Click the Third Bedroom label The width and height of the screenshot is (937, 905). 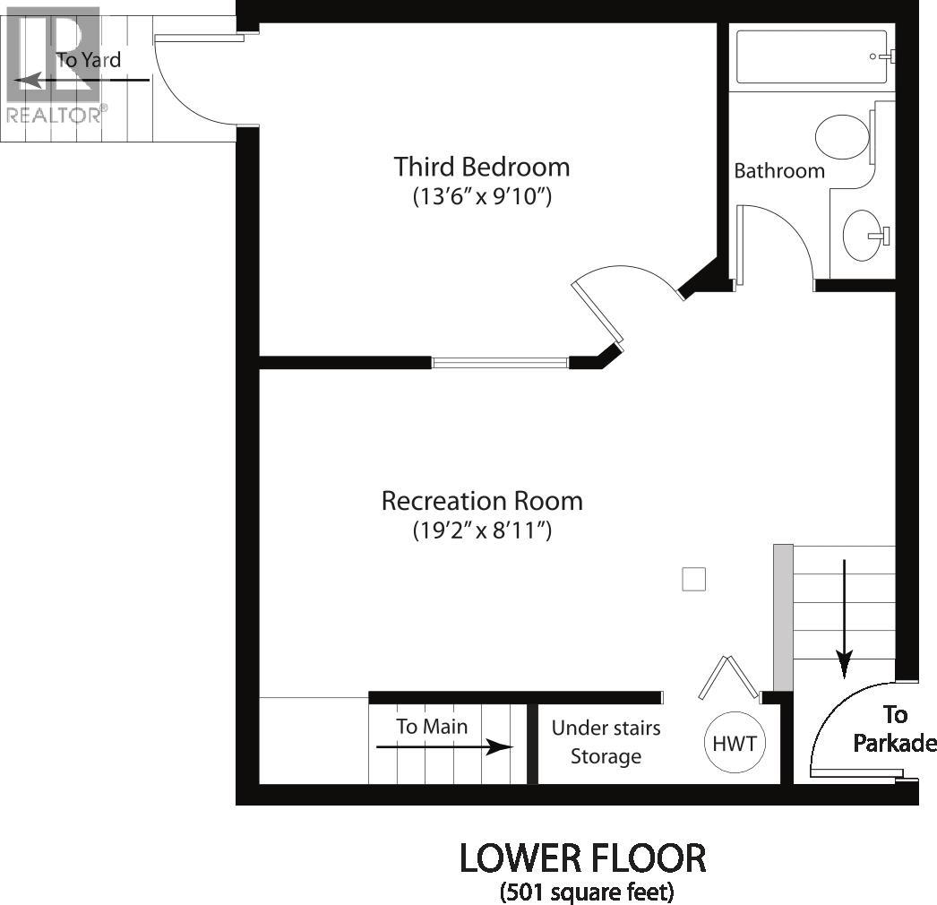point(482,167)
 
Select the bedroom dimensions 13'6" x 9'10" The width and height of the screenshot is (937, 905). point(482,196)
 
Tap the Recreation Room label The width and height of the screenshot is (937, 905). point(482,500)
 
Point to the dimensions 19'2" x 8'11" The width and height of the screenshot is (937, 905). point(482,530)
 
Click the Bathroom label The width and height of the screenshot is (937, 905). point(779,170)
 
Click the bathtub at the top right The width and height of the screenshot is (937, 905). point(811,57)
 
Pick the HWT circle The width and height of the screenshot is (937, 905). point(735,743)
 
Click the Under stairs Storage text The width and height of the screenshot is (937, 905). point(606,742)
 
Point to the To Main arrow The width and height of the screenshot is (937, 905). point(443,746)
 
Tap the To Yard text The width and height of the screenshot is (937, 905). point(89,61)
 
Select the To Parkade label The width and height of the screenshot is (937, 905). point(894,728)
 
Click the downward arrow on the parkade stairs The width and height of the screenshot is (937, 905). point(844,618)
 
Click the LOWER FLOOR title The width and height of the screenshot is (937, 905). point(583,858)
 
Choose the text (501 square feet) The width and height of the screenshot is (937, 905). point(587,892)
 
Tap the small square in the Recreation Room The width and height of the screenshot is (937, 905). point(694,580)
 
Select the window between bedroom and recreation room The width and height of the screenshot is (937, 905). point(500,363)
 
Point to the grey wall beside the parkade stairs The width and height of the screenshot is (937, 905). point(783,616)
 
